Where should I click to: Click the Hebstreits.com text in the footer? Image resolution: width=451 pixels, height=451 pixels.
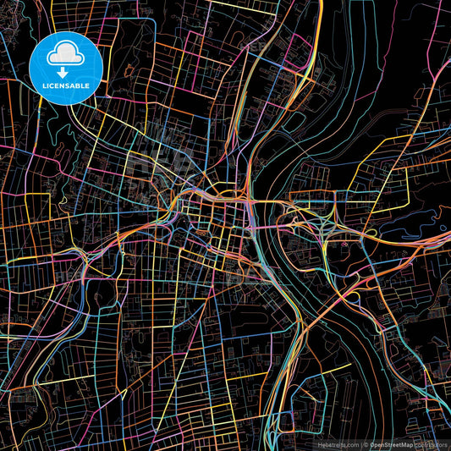coord(337,443)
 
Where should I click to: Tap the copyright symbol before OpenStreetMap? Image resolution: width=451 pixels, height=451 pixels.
coord(366,443)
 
